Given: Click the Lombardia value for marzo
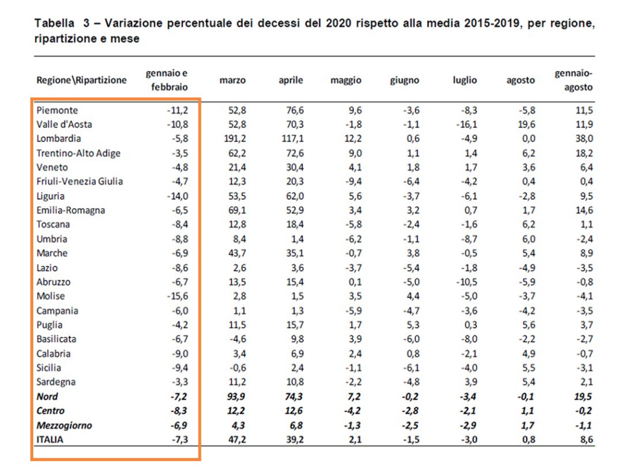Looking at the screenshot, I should [x=233, y=139].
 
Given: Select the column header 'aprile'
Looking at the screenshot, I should [x=291, y=80].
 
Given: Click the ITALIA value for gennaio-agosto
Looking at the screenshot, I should [x=585, y=440].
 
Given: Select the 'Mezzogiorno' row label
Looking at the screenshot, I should [x=65, y=425].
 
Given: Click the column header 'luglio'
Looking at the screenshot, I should [x=465, y=80].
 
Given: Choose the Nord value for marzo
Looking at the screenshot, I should [x=233, y=397].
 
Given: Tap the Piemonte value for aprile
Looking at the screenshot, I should [x=291, y=110].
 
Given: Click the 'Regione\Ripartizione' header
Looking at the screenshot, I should [x=81, y=80].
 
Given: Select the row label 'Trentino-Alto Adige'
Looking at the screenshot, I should [x=78, y=153].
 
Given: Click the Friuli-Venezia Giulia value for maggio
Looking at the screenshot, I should [x=351, y=182].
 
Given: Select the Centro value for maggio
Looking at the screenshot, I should [x=351, y=411].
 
